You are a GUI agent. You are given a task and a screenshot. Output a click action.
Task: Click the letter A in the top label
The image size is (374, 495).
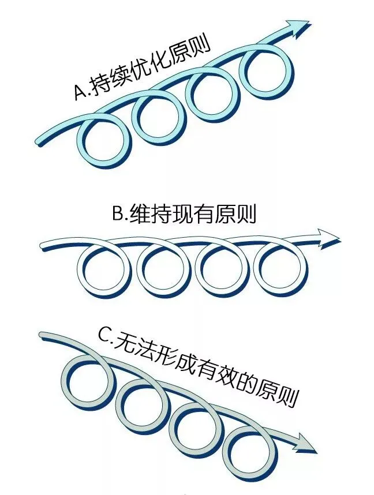tap(80, 92)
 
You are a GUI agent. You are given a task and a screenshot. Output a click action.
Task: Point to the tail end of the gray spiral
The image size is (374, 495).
tap(43, 335)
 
